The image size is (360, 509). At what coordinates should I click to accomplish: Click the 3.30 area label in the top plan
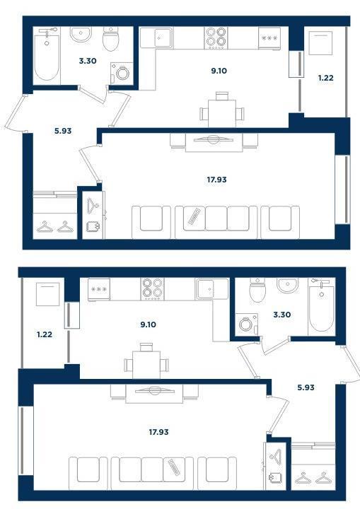coord(88,61)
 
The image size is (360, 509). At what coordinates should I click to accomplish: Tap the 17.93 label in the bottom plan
coord(158,432)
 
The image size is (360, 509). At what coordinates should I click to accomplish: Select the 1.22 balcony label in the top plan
coord(325,78)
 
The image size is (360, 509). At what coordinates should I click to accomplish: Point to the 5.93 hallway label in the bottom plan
coord(306,387)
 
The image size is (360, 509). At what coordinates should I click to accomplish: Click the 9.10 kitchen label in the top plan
coord(219,71)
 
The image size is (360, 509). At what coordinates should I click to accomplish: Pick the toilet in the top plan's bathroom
coord(110,38)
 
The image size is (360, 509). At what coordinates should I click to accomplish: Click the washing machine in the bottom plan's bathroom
coord(247,324)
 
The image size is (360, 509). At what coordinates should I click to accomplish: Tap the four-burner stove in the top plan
coord(216,37)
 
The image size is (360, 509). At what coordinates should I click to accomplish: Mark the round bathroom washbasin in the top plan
coord(81,34)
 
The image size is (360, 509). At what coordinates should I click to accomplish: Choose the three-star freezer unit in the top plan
coord(269,38)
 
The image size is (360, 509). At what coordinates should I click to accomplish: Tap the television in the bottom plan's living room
coord(154,390)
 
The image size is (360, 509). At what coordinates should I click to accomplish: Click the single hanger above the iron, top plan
coord(93,205)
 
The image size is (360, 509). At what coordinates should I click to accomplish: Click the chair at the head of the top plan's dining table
coord(222,95)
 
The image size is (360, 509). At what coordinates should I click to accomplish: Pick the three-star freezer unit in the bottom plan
coord(99,289)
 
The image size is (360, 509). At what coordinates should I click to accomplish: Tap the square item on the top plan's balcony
coord(320,43)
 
